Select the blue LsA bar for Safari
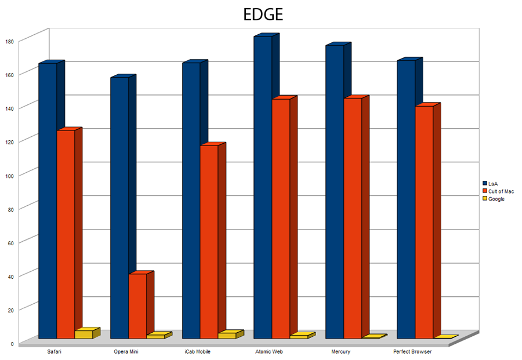pyautogui.click(x=48, y=200)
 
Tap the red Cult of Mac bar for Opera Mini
pyautogui.click(x=137, y=306)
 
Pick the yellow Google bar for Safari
pyautogui.click(x=84, y=334)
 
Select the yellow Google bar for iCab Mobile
pyautogui.click(x=227, y=335)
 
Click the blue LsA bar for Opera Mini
pyautogui.click(x=119, y=208)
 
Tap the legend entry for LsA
pyautogui.click(x=493, y=184)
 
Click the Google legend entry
pyautogui.click(x=496, y=199)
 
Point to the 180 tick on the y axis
pyautogui.click(x=9, y=41)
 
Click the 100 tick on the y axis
pyautogui.click(x=9, y=175)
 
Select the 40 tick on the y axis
pyautogui.click(x=10, y=276)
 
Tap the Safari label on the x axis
pyautogui.click(x=55, y=352)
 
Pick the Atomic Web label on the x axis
pyautogui.click(x=269, y=352)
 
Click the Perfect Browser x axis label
pyautogui.click(x=412, y=352)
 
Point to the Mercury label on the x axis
pyautogui.click(x=341, y=352)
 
